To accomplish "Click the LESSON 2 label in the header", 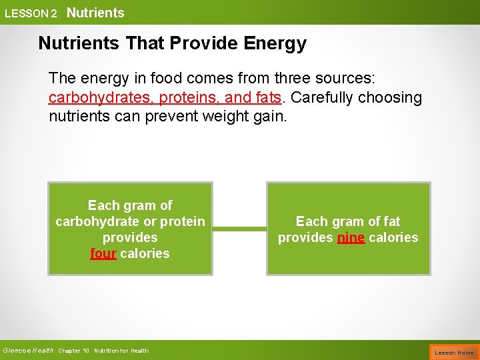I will (x=31, y=13).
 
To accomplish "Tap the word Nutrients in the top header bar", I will (x=95, y=13).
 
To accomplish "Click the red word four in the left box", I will (x=103, y=253).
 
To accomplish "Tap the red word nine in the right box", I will (x=351, y=237).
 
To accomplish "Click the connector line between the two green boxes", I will (x=239, y=229).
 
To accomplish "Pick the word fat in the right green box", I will (x=392, y=221).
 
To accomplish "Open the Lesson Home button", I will (x=454, y=352).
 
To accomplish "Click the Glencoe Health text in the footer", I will (x=28, y=351).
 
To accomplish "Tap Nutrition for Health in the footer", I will (x=121, y=351).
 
